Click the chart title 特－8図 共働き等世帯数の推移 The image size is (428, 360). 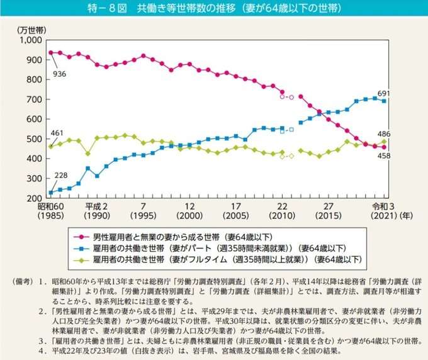coord(214,9)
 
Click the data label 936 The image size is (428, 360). coord(60,73)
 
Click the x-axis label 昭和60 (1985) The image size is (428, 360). coord(50,211)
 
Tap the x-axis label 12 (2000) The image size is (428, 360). coord(189,211)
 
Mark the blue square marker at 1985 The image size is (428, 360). coord(50,193)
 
